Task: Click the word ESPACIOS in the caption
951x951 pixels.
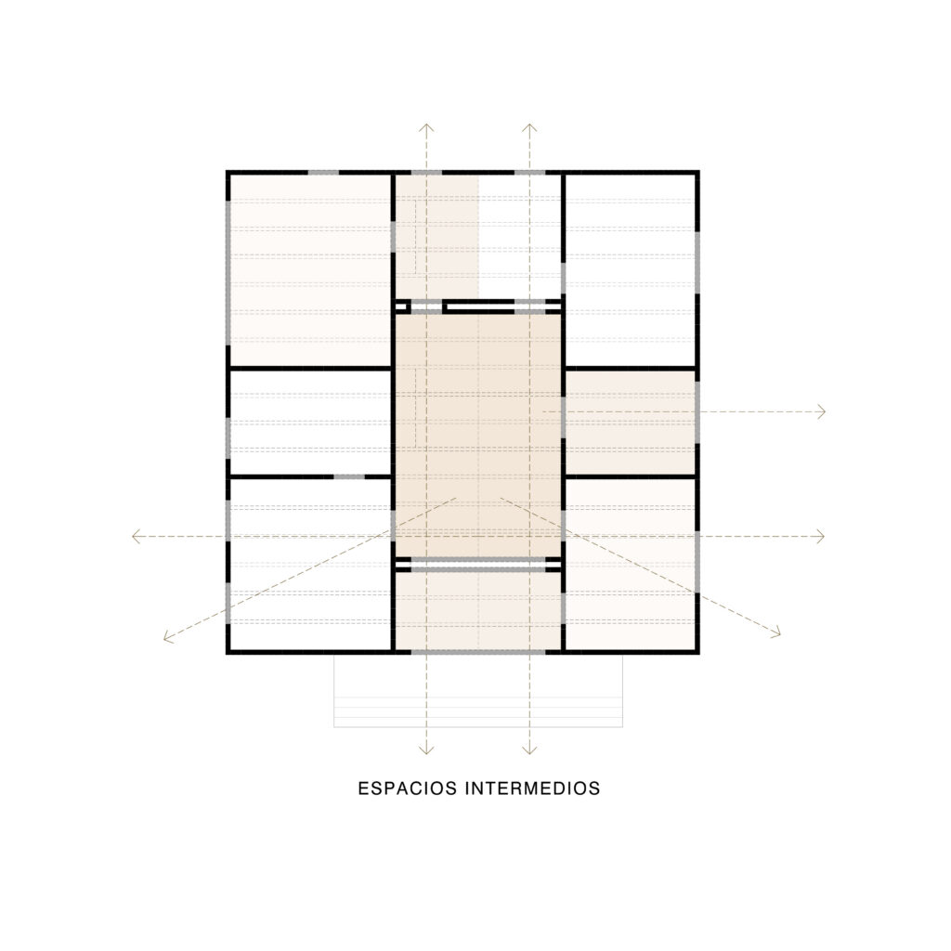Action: coord(407,788)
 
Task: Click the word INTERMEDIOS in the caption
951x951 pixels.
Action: coord(532,788)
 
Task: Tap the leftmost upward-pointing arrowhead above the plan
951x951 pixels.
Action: coord(426,128)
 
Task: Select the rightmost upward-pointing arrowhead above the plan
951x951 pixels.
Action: coord(529,128)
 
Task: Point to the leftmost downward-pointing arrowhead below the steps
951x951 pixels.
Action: coord(426,750)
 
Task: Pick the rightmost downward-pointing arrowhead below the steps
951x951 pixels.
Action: coord(529,750)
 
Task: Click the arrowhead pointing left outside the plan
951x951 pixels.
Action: coord(137,536)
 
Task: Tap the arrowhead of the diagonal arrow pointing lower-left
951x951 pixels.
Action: coord(169,636)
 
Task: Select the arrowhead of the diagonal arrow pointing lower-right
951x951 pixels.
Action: coord(775,632)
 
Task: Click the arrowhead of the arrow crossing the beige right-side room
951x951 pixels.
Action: coord(821,411)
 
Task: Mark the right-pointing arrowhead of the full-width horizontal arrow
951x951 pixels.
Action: coord(820,536)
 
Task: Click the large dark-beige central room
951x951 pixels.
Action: coord(478,435)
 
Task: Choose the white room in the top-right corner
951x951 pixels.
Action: coord(630,270)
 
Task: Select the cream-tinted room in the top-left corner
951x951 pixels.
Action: coord(310,270)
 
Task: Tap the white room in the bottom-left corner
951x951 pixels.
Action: coord(310,565)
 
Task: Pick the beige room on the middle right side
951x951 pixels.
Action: coord(630,423)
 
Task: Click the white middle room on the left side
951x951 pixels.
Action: coord(310,423)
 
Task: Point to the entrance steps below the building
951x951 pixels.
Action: coord(478,691)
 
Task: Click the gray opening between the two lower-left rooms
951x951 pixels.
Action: coord(349,477)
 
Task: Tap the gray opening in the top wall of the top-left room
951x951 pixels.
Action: coord(323,173)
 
